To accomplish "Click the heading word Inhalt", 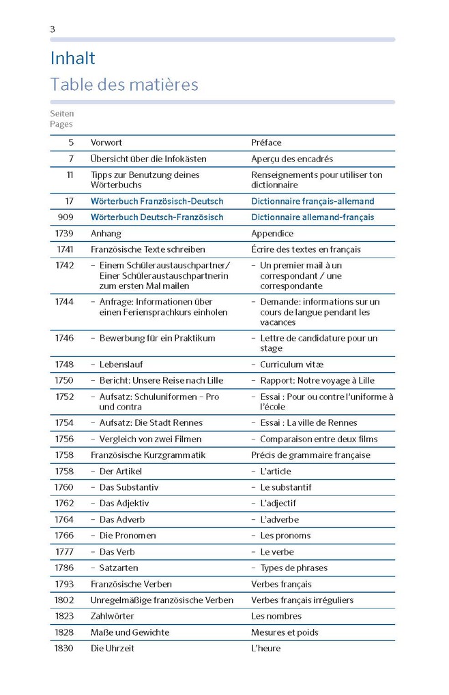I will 72,59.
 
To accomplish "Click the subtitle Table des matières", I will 124,85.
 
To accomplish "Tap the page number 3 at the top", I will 53,29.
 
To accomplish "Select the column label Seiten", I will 61,114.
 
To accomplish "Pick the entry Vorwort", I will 106,142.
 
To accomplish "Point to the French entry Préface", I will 266,142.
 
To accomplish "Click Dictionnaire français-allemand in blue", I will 313,201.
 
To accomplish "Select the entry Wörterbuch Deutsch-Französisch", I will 157,217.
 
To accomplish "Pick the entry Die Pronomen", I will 128,536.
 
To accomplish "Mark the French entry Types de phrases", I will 293,568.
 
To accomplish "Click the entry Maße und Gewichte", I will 130,632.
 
